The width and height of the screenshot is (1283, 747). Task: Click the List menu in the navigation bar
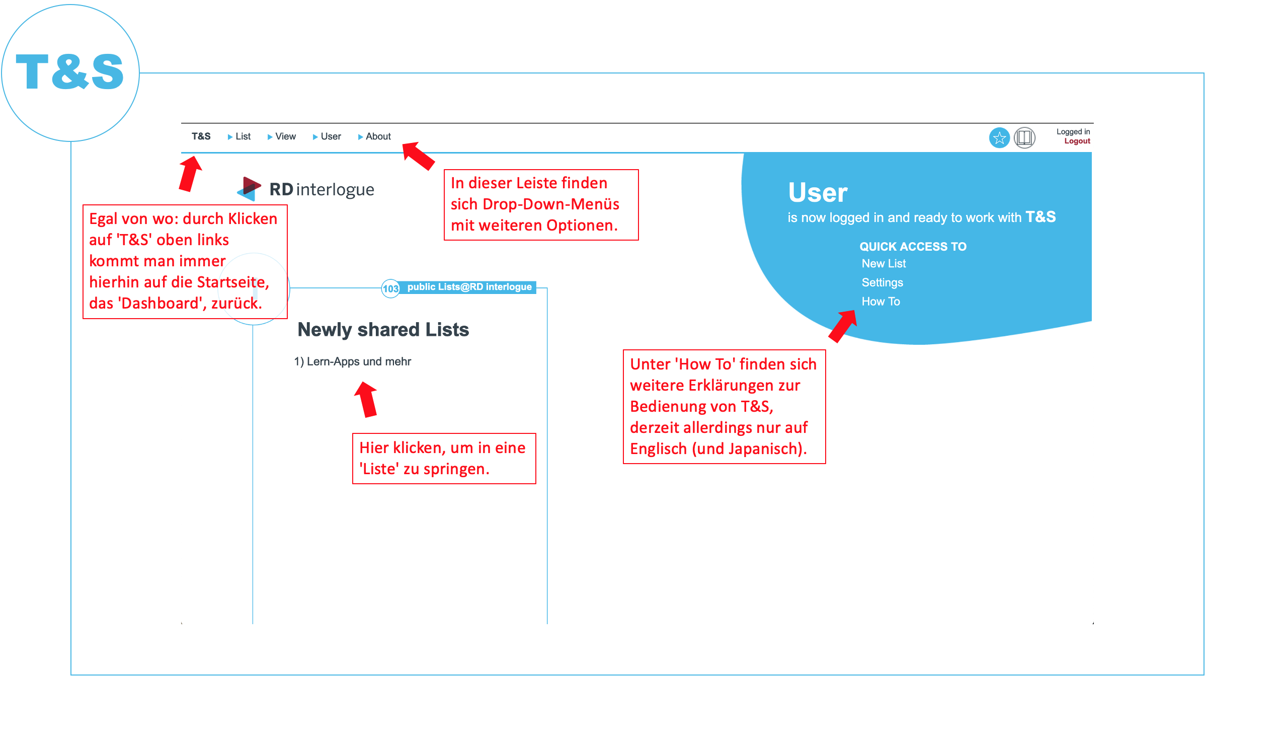point(239,136)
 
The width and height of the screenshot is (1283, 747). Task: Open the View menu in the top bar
point(282,136)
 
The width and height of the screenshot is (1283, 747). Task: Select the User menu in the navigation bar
point(327,136)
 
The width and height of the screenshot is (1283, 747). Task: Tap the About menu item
point(374,136)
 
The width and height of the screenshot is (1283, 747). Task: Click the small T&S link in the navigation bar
point(201,136)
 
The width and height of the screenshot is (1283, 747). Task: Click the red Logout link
point(1077,141)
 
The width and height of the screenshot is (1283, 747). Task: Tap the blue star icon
point(999,138)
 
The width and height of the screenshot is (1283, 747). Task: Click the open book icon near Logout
point(1024,138)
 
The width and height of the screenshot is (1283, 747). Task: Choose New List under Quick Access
point(884,264)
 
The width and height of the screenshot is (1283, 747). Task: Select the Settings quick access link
point(882,282)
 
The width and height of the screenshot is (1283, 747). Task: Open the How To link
point(880,302)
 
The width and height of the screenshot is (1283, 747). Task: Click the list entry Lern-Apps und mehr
point(352,361)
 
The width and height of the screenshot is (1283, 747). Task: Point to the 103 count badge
point(390,289)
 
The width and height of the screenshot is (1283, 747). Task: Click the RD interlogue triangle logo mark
point(249,189)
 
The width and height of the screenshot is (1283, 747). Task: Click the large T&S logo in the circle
point(70,72)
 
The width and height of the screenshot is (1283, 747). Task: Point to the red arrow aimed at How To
point(842,326)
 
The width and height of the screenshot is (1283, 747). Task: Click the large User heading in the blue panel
point(817,192)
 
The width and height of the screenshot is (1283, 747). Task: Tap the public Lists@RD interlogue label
point(469,287)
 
